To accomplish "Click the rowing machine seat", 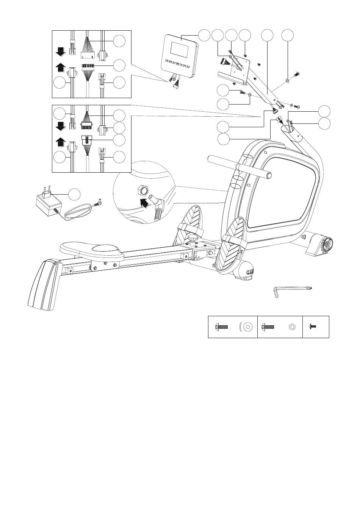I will coord(92,250).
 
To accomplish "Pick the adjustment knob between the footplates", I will coord(193,239).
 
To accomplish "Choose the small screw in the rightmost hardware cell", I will coord(313,326).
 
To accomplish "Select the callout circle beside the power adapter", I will coord(75,194).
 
